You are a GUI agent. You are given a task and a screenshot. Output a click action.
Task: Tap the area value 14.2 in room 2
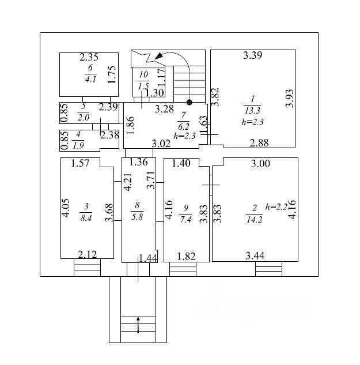(x=254, y=219)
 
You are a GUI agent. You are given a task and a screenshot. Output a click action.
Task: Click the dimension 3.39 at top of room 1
(x=253, y=56)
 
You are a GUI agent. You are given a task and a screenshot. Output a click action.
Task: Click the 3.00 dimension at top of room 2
(x=260, y=164)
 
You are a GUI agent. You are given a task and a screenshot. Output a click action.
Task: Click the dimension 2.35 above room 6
(x=89, y=57)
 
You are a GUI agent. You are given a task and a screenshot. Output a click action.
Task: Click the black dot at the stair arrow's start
(x=189, y=102)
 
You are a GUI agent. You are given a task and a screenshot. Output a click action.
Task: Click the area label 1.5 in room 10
(x=143, y=86)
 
